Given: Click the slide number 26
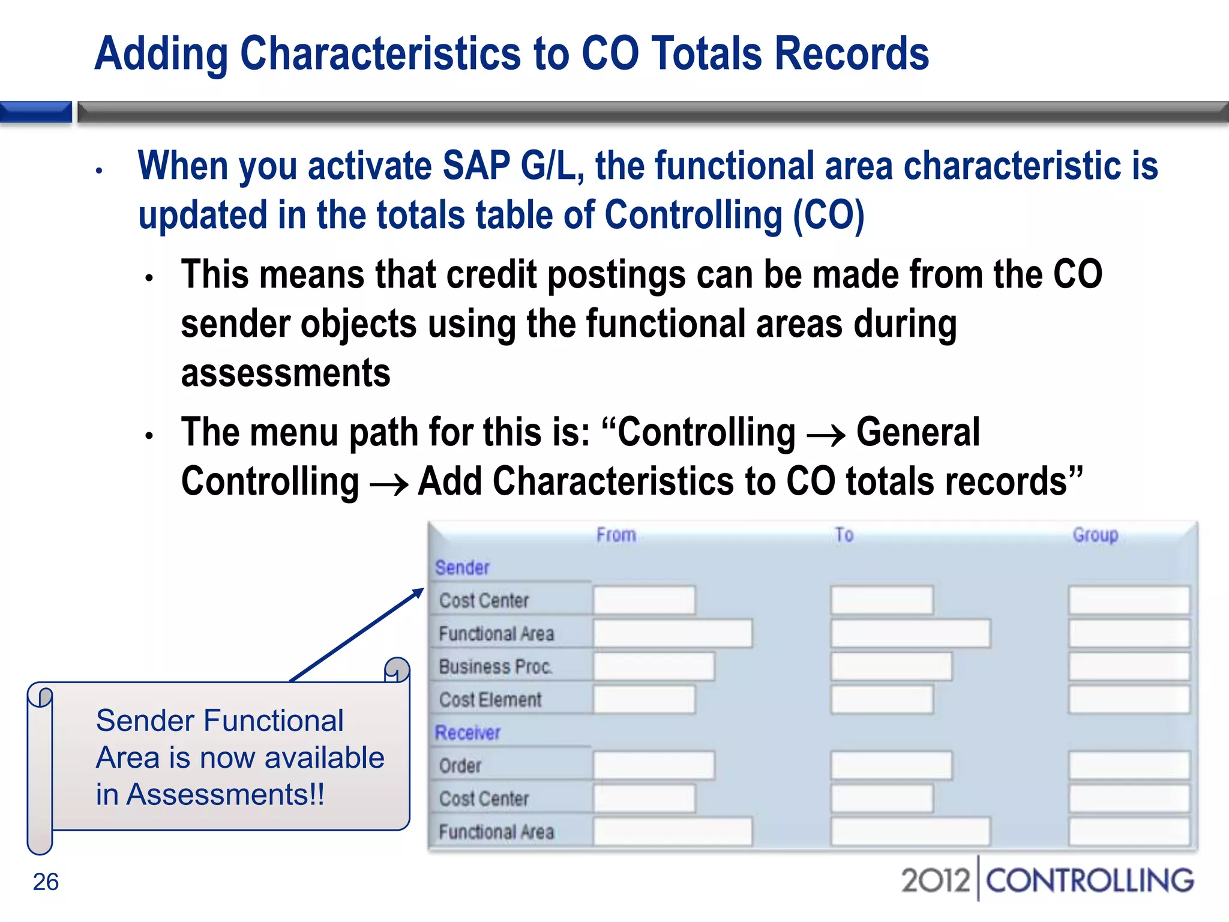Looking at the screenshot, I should coord(46,882).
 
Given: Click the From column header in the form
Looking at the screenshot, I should coord(616,534).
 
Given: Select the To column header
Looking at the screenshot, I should coord(844,534).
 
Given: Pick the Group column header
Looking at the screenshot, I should coord(1095,534).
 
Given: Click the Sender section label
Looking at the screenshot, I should coord(462,567).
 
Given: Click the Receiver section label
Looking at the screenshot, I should coord(467,732).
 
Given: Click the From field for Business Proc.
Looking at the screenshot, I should coord(654,666).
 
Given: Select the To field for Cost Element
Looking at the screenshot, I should coord(882,699).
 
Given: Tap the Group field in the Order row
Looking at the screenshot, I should coord(1128,765).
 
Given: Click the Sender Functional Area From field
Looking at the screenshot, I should coord(672,633).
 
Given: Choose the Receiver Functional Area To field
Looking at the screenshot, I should coord(910,831).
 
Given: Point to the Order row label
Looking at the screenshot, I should coord(460,765).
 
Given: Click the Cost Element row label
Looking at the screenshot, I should coord(490,699).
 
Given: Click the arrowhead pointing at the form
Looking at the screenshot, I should coord(418,594).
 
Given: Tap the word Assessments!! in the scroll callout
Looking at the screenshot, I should coord(226,794).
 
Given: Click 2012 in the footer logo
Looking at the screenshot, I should coord(935,881).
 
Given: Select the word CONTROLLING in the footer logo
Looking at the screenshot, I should coord(1090,881).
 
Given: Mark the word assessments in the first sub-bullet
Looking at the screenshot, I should coord(286,373).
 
